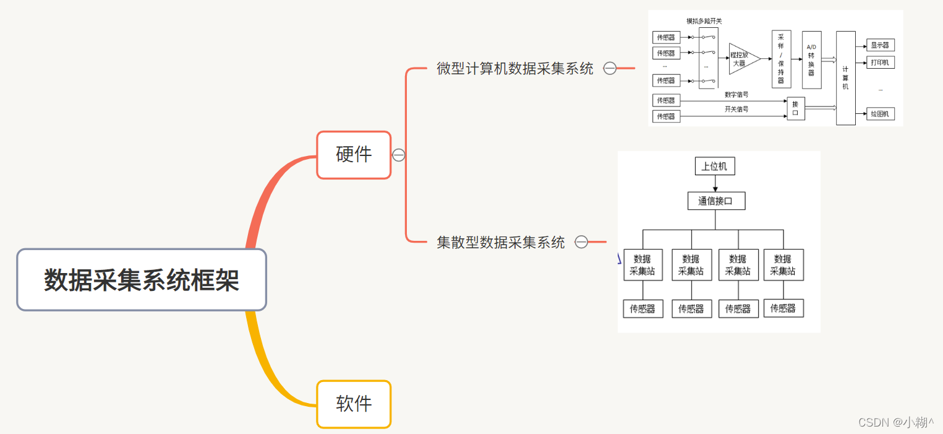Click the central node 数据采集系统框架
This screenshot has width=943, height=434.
(x=142, y=280)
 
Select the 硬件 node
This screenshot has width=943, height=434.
(x=354, y=155)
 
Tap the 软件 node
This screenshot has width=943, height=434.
(x=354, y=404)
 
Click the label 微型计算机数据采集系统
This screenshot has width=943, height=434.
(x=514, y=69)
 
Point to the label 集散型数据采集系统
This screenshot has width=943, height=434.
(x=501, y=242)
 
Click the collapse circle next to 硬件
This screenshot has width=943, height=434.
(x=399, y=155)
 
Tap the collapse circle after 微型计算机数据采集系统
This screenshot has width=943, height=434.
(x=610, y=69)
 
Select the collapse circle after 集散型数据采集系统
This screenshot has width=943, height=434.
(x=581, y=242)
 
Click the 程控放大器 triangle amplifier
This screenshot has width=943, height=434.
(x=743, y=59)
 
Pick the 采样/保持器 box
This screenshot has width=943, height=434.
(x=781, y=59)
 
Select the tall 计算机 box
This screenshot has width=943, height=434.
(x=845, y=78)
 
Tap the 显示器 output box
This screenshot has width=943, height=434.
(x=879, y=45)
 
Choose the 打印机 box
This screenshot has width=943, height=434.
(x=879, y=63)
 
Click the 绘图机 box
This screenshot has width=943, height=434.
(x=879, y=114)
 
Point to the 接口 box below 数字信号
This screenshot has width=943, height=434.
(x=795, y=108)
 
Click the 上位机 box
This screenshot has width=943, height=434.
(x=715, y=167)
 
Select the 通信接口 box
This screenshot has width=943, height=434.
(x=716, y=201)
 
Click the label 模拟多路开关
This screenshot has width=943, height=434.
(x=704, y=21)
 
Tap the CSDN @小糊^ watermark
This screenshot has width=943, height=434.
(x=895, y=422)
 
